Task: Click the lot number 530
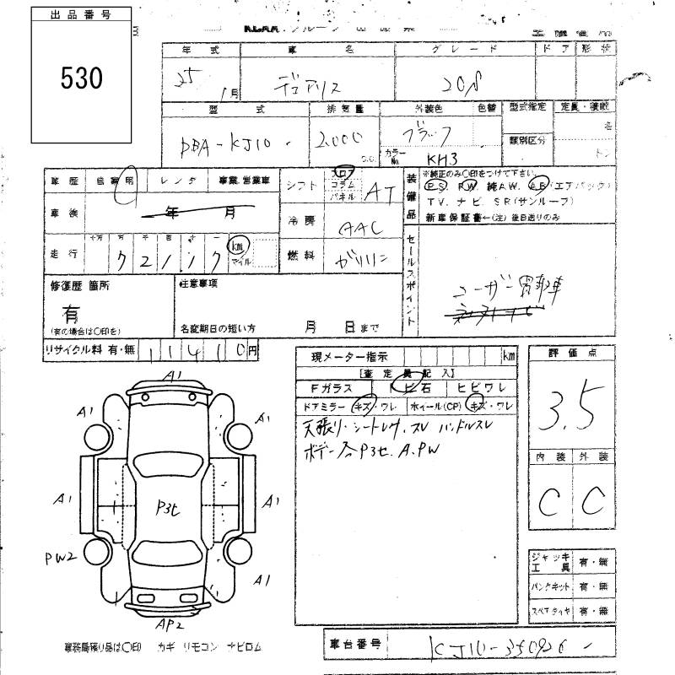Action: (x=82, y=78)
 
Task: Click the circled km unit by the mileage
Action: (x=239, y=245)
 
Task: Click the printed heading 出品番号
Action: (x=81, y=15)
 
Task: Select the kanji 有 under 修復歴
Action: (x=73, y=313)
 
